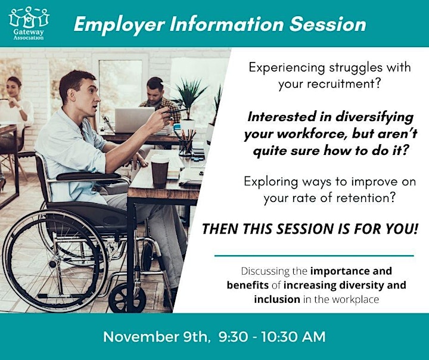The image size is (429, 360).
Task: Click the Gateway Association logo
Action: pos(29,23)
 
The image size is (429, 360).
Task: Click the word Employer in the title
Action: pos(119,24)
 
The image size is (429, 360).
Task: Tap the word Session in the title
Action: pos(328,24)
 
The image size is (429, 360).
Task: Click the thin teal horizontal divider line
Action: pos(314,256)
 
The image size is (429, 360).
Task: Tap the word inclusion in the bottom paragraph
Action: pos(277,299)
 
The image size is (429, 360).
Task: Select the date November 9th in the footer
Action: pos(156,337)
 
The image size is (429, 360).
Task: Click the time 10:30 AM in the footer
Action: pos(294,337)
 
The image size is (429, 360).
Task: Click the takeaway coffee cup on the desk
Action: pos(160,171)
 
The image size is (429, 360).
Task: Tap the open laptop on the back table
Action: pos(134,120)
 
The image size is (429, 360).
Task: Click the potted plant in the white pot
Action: pos(189,104)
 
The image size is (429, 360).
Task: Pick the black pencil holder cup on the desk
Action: pos(185,148)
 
